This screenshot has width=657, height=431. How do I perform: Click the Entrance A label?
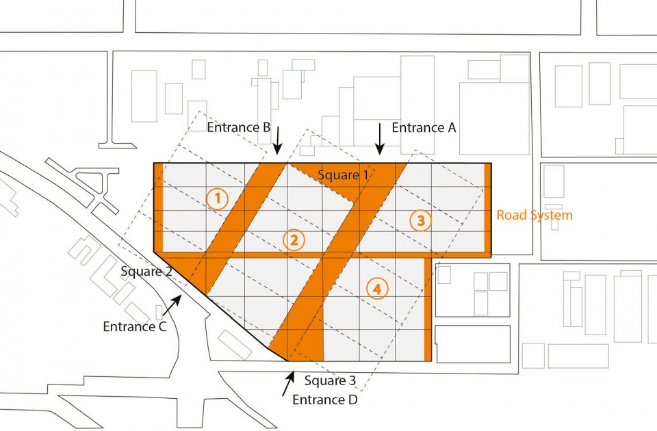click(x=424, y=127)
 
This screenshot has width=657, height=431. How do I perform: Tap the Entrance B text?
click(x=239, y=127)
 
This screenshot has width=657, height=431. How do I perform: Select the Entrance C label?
click(x=135, y=326)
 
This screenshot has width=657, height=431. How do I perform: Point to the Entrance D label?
click(x=325, y=400)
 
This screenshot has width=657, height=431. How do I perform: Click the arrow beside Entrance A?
click(x=380, y=139)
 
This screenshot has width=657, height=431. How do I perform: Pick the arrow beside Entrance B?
click(x=277, y=140)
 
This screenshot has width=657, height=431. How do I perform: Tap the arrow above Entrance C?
click(x=172, y=305)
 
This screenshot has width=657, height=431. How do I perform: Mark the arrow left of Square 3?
click(x=289, y=383)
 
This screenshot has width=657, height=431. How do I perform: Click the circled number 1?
click(x=218, y=199)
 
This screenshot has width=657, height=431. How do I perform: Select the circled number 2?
click(x=294, y=240)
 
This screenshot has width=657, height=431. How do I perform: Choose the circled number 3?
click(x=421, y=220)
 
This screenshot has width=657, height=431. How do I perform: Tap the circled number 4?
click(x=377, y=289)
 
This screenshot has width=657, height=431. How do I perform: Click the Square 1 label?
click(x=343, y=175)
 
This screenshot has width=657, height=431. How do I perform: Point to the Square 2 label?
click(x=146, y=272)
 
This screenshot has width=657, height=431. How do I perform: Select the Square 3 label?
click(x=330, y=381)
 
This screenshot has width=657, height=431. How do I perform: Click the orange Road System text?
click(x=534, y=215)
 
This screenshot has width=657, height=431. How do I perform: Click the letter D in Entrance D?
click(x=353, y=400)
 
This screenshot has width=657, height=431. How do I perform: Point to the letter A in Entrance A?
click(x=451, y=127)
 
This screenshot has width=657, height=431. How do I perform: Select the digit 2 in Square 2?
click(x=168, y=272)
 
